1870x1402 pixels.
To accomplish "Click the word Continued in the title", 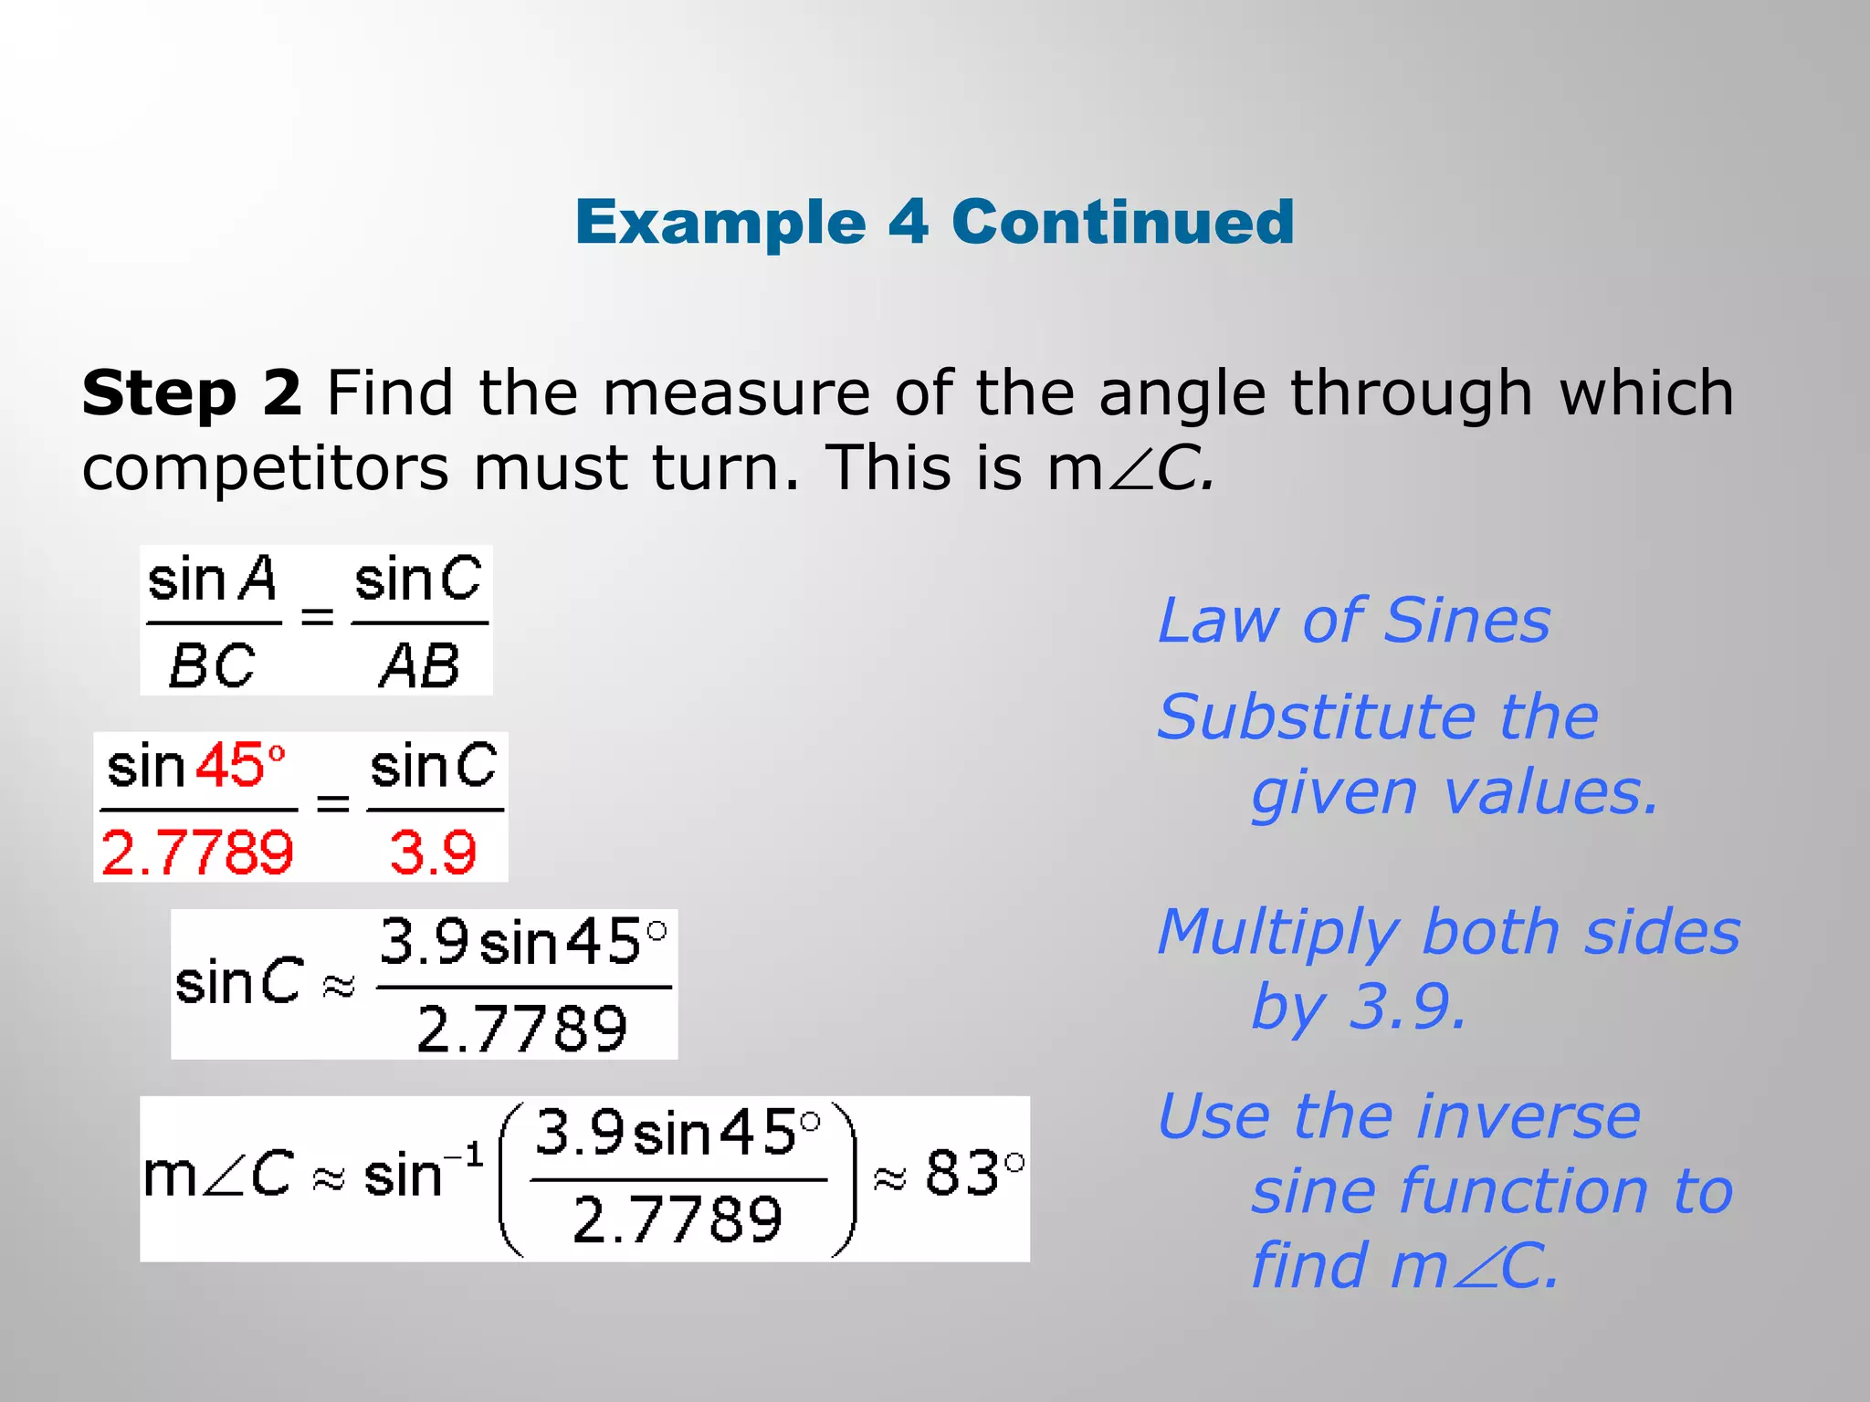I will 1122,222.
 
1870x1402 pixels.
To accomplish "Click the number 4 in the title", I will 908,222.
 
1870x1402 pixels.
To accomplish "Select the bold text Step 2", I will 192,393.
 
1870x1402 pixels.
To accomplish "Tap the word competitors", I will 265,468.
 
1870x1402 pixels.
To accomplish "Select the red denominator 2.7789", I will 197,853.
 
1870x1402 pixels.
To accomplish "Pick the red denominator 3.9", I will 433,853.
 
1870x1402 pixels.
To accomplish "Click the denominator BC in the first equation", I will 212,665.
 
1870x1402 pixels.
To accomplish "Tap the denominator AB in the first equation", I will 419,665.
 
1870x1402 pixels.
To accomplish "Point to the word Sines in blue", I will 1466,621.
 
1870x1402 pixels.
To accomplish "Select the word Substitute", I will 1316,717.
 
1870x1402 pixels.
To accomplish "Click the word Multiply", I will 1277,932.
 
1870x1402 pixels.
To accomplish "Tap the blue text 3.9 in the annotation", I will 1406,1007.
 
